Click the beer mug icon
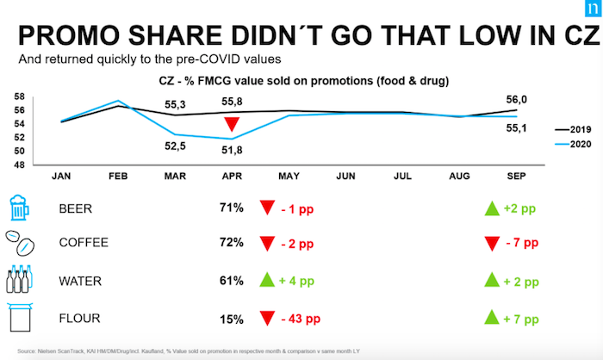(x=20, y=207)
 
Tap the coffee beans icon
(x=21, y=241)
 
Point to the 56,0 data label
(x=514, y=99)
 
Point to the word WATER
(x=78, y=281)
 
